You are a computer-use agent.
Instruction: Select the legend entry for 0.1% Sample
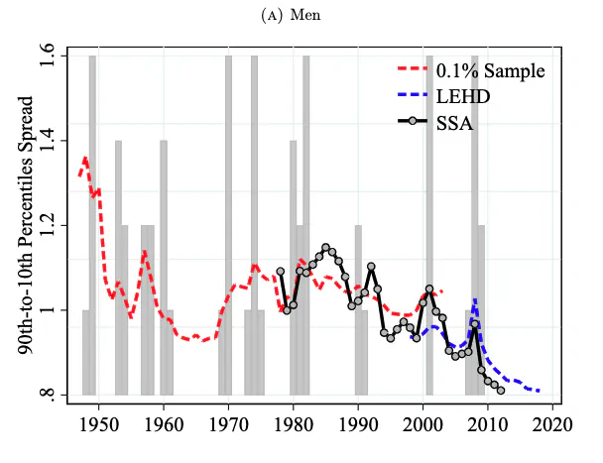490,73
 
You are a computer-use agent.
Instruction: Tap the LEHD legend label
465,99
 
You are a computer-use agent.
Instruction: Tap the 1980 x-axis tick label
294,424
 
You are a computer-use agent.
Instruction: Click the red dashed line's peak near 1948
85,158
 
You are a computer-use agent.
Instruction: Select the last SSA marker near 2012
501,391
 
